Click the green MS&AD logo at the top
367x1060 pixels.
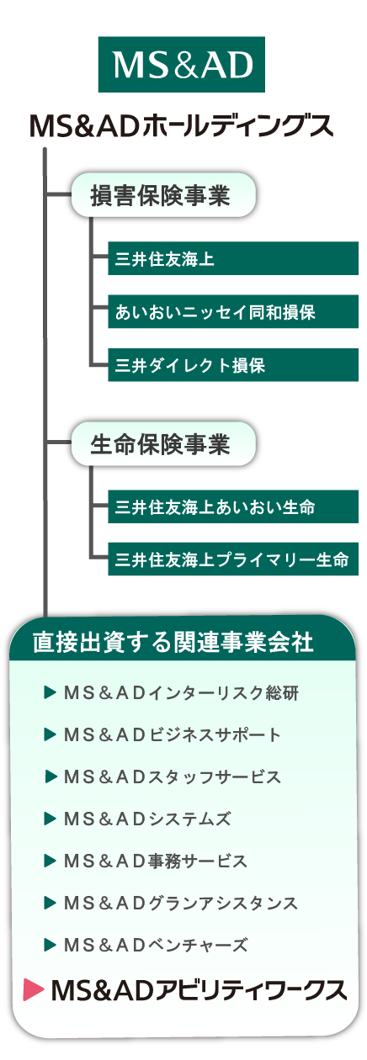[x=181, y=64]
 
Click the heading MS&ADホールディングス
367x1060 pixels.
[x=182, y=126]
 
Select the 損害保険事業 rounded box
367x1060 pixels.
[x=163, y=195]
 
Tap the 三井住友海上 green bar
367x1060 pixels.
[x=233, y=258]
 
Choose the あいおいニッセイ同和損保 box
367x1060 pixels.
[x=233, y=311]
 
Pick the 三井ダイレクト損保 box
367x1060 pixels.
[x=233, y=365]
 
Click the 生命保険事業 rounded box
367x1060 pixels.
[x=163, y=443]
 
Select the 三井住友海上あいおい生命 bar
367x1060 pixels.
[x=233, y=506]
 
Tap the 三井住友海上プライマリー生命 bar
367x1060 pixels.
[x=233, y=559]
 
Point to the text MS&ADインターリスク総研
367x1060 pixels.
[x=181, y=693]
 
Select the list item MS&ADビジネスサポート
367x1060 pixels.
[x=173, y=734]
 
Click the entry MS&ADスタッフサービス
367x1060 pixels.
[x=173, y=776]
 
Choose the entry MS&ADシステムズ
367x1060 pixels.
[x=147, y=819]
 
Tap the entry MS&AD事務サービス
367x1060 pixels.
[x=156, y=861]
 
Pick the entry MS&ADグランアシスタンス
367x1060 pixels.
[x=180, y=903]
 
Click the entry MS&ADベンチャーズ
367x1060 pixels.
[x=156, y=945]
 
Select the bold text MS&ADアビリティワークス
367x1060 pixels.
[x=199, y=990]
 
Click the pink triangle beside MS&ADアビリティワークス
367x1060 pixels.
[x=33, y=990]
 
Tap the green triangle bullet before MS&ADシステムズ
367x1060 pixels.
[x=50, y=819]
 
